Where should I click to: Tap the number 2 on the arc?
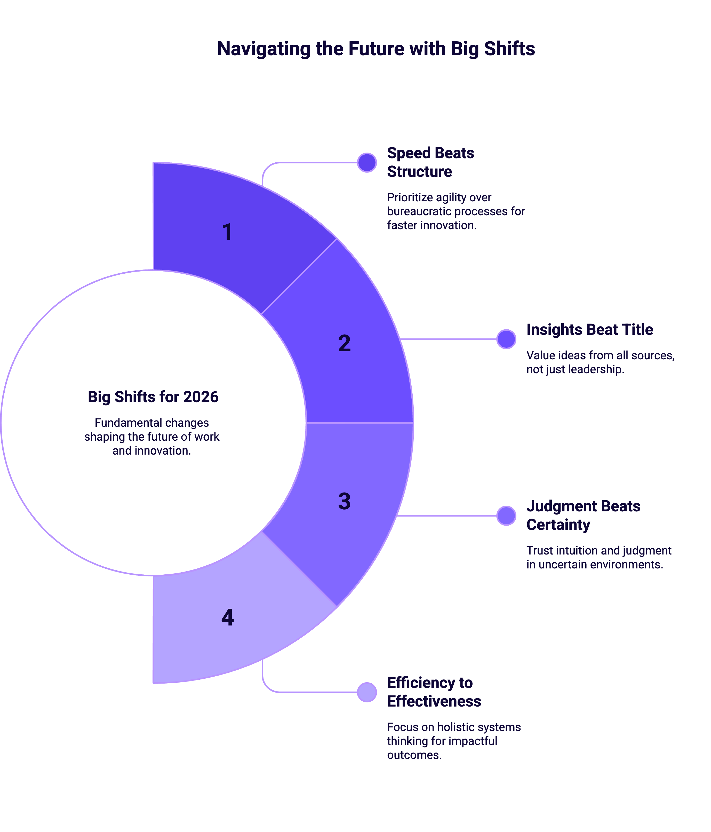coord(344,343)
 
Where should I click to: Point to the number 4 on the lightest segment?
coord(227,617)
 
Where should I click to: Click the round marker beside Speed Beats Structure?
coord(366,163)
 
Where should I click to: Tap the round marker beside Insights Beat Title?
coord(506,339)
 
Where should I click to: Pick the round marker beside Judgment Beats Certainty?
coord(506,516)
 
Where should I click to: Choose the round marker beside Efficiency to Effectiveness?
coord(366,692)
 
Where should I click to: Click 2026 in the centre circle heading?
coord(201,397)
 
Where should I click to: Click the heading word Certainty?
coord(558,525)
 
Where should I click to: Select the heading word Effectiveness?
coord(434,701)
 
